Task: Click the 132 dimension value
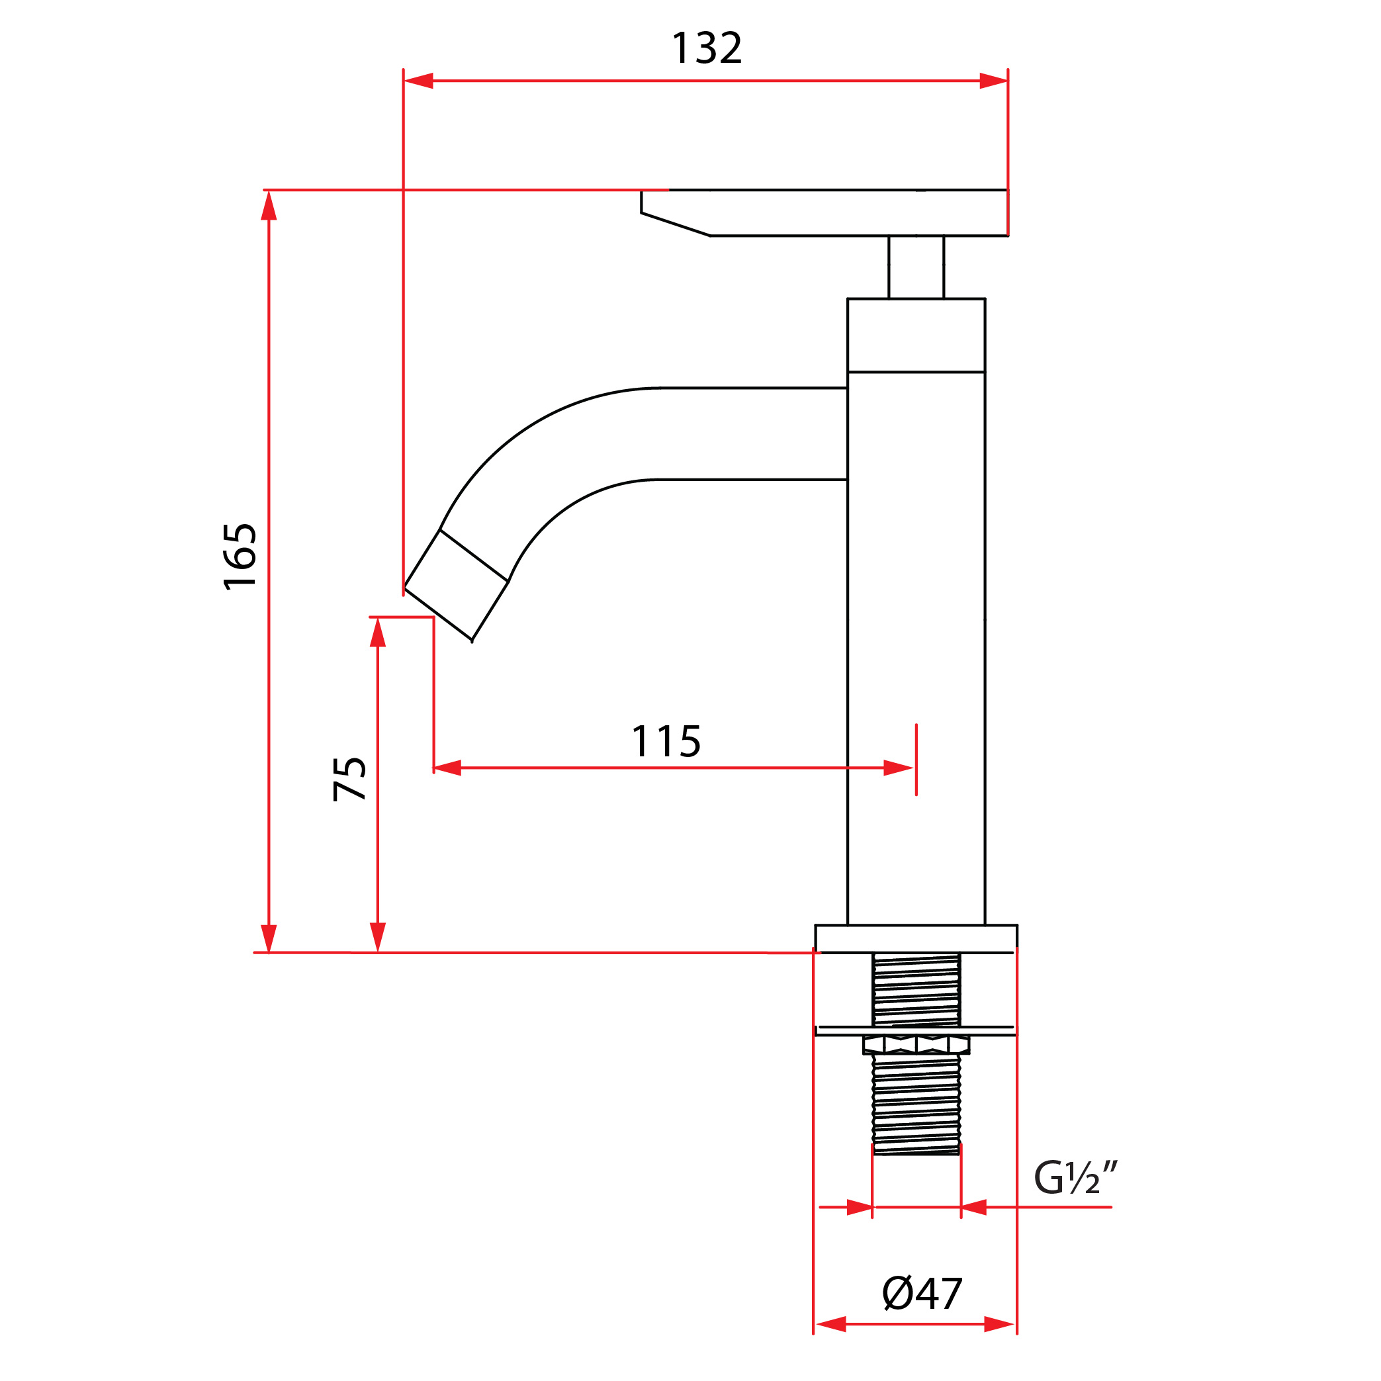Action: pos(706,48)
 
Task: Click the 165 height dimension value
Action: pos(240,557)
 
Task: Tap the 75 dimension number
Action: pos(349,779)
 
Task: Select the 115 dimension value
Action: pos(666,741)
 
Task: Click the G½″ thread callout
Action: pos(1075,1179)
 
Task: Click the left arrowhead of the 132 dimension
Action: pos(420,81)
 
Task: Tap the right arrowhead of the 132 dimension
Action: pos(993,81)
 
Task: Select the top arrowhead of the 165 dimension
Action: pos(269,206)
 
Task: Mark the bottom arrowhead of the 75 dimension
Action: pos(377,937)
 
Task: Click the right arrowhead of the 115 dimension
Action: pos(898,768)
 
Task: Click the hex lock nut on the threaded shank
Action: pos(916,1045)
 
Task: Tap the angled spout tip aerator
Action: pos(456,585)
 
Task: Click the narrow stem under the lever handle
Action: pos(916,267)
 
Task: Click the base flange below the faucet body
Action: pos(916,938)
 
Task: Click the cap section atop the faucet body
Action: pos(916,335)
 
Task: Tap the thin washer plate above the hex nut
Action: pos(916,1030)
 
